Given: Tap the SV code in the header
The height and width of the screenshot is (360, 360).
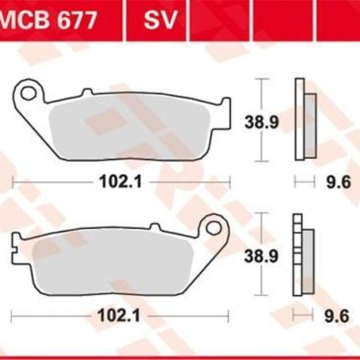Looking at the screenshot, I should point(160,20).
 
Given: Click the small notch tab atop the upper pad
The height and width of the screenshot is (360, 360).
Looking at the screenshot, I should point(87,92).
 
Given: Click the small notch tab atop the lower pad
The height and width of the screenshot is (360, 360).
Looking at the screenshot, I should point(154,227).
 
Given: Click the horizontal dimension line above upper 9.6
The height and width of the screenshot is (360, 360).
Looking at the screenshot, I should point(304,179).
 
